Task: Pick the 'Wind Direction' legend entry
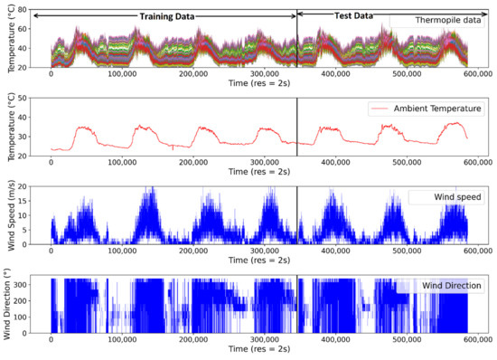438,286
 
